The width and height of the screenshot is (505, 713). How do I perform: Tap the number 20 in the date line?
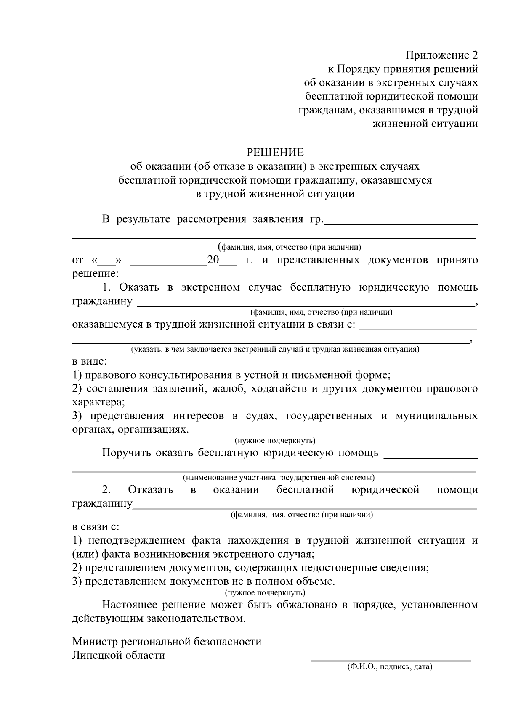point(213,260)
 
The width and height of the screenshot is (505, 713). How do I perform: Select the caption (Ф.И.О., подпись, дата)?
point(390,667)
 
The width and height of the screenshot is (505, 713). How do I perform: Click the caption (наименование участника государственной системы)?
point(279,478)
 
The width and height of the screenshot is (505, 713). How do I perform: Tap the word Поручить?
point(126,453)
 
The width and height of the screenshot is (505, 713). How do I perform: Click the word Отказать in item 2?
point(150,490)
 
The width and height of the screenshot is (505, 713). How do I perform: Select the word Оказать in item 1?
point(139,288)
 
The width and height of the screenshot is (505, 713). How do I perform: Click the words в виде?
point(89,361)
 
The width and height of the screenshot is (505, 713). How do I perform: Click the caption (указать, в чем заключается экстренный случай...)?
point(275,350)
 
